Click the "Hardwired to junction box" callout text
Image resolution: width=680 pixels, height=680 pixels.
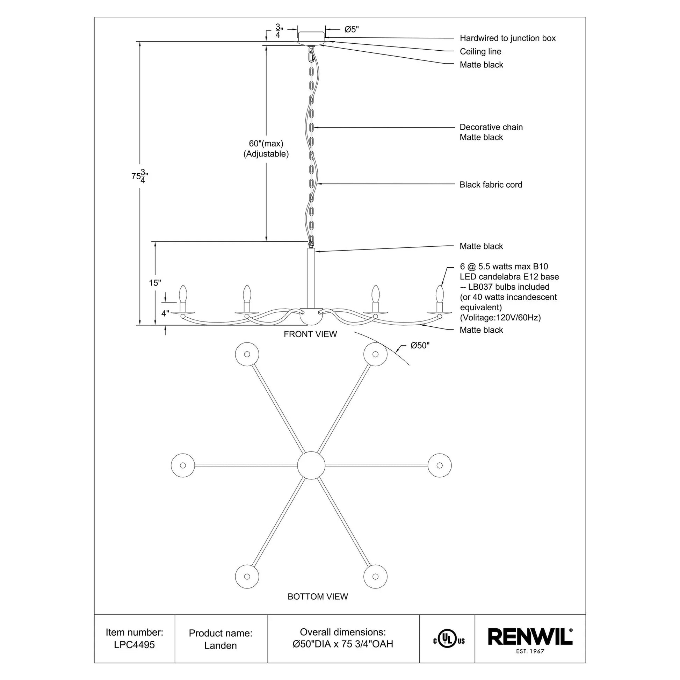(x=507, y=38)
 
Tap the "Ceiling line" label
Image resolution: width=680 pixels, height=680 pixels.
(x=480, y=51)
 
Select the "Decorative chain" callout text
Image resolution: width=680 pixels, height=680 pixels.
(x=491, y=127)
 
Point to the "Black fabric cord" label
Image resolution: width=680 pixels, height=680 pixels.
(x=491, y=185)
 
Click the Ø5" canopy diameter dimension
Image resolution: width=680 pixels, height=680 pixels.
(x=351, y=30)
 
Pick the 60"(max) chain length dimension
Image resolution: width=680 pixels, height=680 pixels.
(x=266, y=144)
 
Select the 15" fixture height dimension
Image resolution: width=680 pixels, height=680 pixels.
(x=155, y=283)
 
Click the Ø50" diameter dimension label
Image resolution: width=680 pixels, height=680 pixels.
(x=420, y=346)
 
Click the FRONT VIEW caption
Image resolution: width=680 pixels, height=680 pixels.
(x=310, y=334)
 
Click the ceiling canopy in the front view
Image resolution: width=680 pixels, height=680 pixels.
(x=311, y=37)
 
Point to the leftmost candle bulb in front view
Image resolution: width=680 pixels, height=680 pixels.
(x=183, y=293)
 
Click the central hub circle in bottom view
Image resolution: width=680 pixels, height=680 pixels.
(x=311, y=465)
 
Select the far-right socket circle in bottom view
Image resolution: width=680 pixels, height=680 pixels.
(x=439, y=465)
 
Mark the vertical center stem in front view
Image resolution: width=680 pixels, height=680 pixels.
(x=311, y=278)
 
